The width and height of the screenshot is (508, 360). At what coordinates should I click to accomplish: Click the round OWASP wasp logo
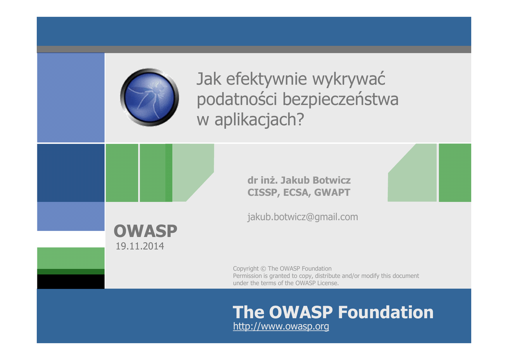pos(149,97)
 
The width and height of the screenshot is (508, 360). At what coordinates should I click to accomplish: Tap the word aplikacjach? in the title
pos(259,120)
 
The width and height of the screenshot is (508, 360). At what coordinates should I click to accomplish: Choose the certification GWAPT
pos(332,193)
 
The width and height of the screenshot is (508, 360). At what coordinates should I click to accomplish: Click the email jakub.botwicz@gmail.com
pos(303,216)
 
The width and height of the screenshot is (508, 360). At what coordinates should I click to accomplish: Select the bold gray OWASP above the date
pos(145,231)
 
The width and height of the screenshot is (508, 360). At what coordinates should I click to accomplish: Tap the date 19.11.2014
pos(139,246)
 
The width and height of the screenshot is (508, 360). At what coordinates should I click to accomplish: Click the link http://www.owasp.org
pos(281,326)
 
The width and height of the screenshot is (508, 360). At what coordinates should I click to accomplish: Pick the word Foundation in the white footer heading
pos(385,312)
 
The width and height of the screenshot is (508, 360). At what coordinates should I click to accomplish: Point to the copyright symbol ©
pos(263,269)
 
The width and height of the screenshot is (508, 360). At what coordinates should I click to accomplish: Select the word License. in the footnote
pos(327,283)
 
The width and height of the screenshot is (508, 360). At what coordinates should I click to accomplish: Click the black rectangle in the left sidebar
pos(70,282)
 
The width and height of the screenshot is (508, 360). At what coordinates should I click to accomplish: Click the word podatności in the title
pos(237,100)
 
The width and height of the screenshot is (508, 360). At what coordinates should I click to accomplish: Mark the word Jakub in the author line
pos(295,180)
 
